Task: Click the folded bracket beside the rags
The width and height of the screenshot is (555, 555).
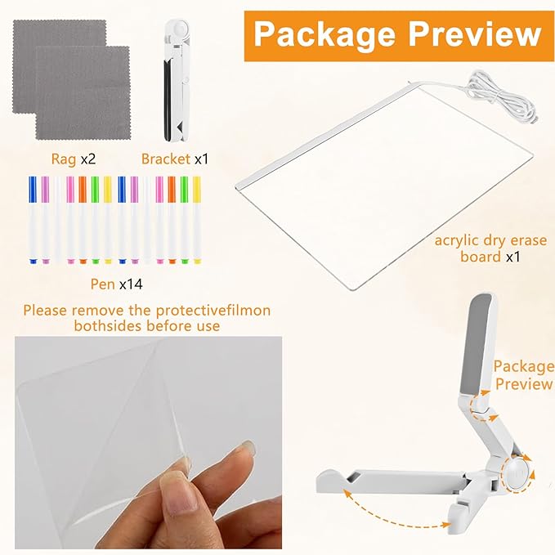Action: point(178,78)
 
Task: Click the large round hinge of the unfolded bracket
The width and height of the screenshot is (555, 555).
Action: point(514,472)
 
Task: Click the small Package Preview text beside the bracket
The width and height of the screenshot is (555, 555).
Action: point(523,375)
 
